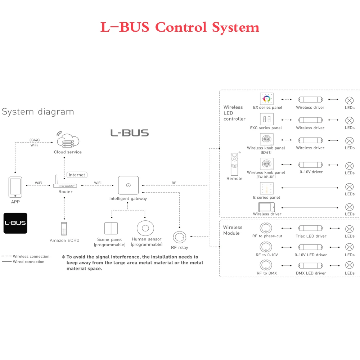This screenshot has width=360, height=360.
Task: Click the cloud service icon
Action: coord(68,140)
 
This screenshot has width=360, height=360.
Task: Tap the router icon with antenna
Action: coord(65,184)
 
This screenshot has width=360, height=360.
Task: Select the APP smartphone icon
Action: coord(15,187)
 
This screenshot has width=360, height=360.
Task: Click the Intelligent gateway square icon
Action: coord(128,185)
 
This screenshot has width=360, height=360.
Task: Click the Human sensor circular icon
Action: coord(146,228)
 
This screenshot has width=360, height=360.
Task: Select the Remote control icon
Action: coord(234,164)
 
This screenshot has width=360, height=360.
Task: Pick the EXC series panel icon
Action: coord(267,119)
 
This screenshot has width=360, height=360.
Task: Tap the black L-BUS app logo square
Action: coord(15,223)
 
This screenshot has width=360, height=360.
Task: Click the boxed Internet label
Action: coord(77,175)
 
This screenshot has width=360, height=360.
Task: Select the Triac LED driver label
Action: coord(311,236)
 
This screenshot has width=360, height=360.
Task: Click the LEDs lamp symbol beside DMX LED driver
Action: coord(349,265)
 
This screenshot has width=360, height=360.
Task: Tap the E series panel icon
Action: coord(267,189)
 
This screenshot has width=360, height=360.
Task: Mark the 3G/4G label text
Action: coord(34,140)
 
